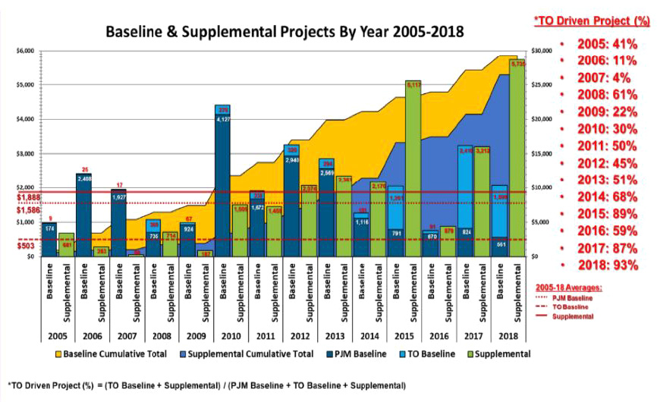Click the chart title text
[x=284, y=33]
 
